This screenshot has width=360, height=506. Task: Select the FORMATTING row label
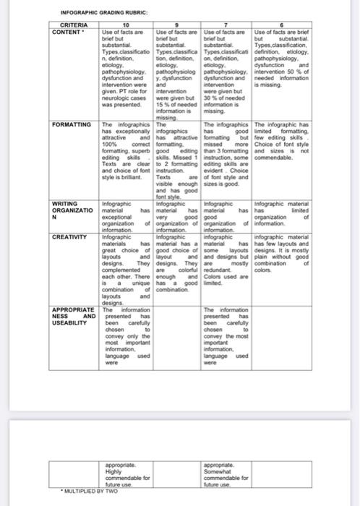(72, 125)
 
